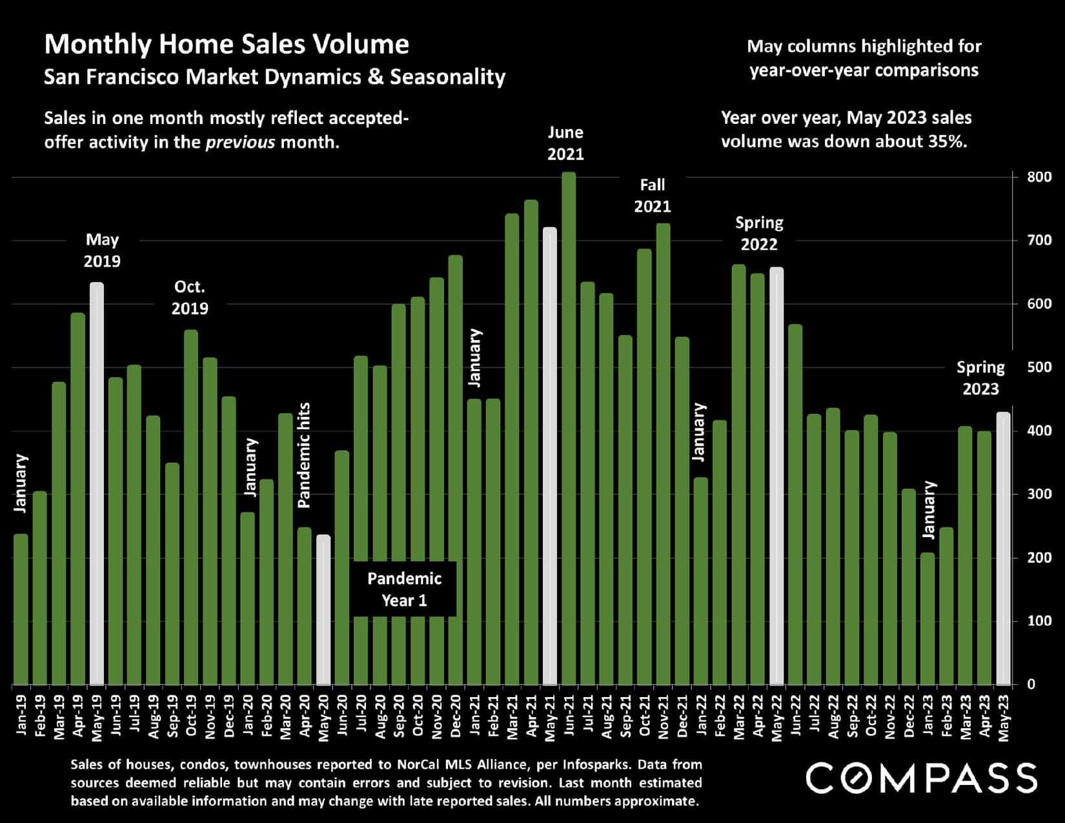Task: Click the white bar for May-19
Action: tap(96, 484)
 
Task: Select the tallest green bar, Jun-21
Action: tap(569, 429)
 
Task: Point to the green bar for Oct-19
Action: tap(191, 507)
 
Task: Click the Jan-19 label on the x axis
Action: tap(21, 714)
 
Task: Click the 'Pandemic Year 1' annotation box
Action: tap(405, 589)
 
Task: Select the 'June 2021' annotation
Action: tap(565, 143)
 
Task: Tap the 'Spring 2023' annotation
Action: tap(980, 378)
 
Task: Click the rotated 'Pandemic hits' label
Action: tap(305, 455)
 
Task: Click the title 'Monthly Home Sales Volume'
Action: tap(227, 45)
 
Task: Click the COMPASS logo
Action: tap(922, 777)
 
